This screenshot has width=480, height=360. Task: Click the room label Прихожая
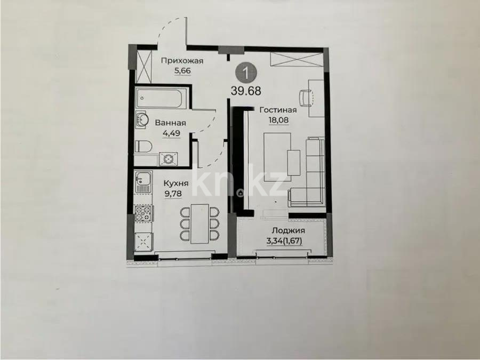tap(182, 61)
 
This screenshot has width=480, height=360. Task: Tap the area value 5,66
tap(182, 71)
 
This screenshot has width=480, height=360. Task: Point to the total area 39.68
tap(246, 91)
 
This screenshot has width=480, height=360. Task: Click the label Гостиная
tap(278, 110)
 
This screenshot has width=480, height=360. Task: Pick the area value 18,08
tap(278, 120)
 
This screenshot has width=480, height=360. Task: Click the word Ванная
tap(171, 123)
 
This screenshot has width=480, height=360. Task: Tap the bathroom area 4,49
tap(171, 133)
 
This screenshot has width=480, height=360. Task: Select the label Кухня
tap(176, 183)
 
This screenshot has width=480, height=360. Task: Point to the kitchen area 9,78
tap(173, 194)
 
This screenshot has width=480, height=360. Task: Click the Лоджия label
tap(289, 230)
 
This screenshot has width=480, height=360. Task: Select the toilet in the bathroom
tap(143, 146)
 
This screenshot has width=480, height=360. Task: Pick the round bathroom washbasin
tap(142, 119)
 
